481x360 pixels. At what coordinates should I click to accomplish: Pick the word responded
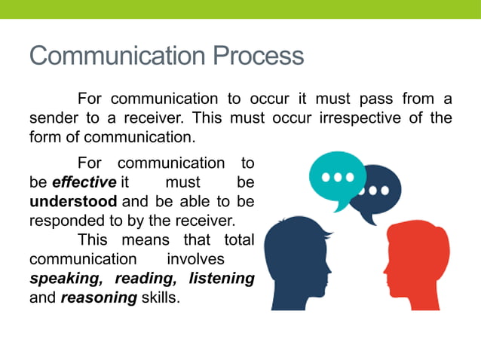[64, 221]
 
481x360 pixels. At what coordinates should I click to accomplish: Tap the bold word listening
[221, 278]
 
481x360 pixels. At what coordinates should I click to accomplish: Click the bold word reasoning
[98, 297]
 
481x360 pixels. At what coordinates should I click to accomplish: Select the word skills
[161, 297]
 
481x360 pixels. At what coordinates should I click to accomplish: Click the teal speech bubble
[337, 178]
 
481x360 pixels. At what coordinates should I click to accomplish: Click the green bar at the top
[240, 9]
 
